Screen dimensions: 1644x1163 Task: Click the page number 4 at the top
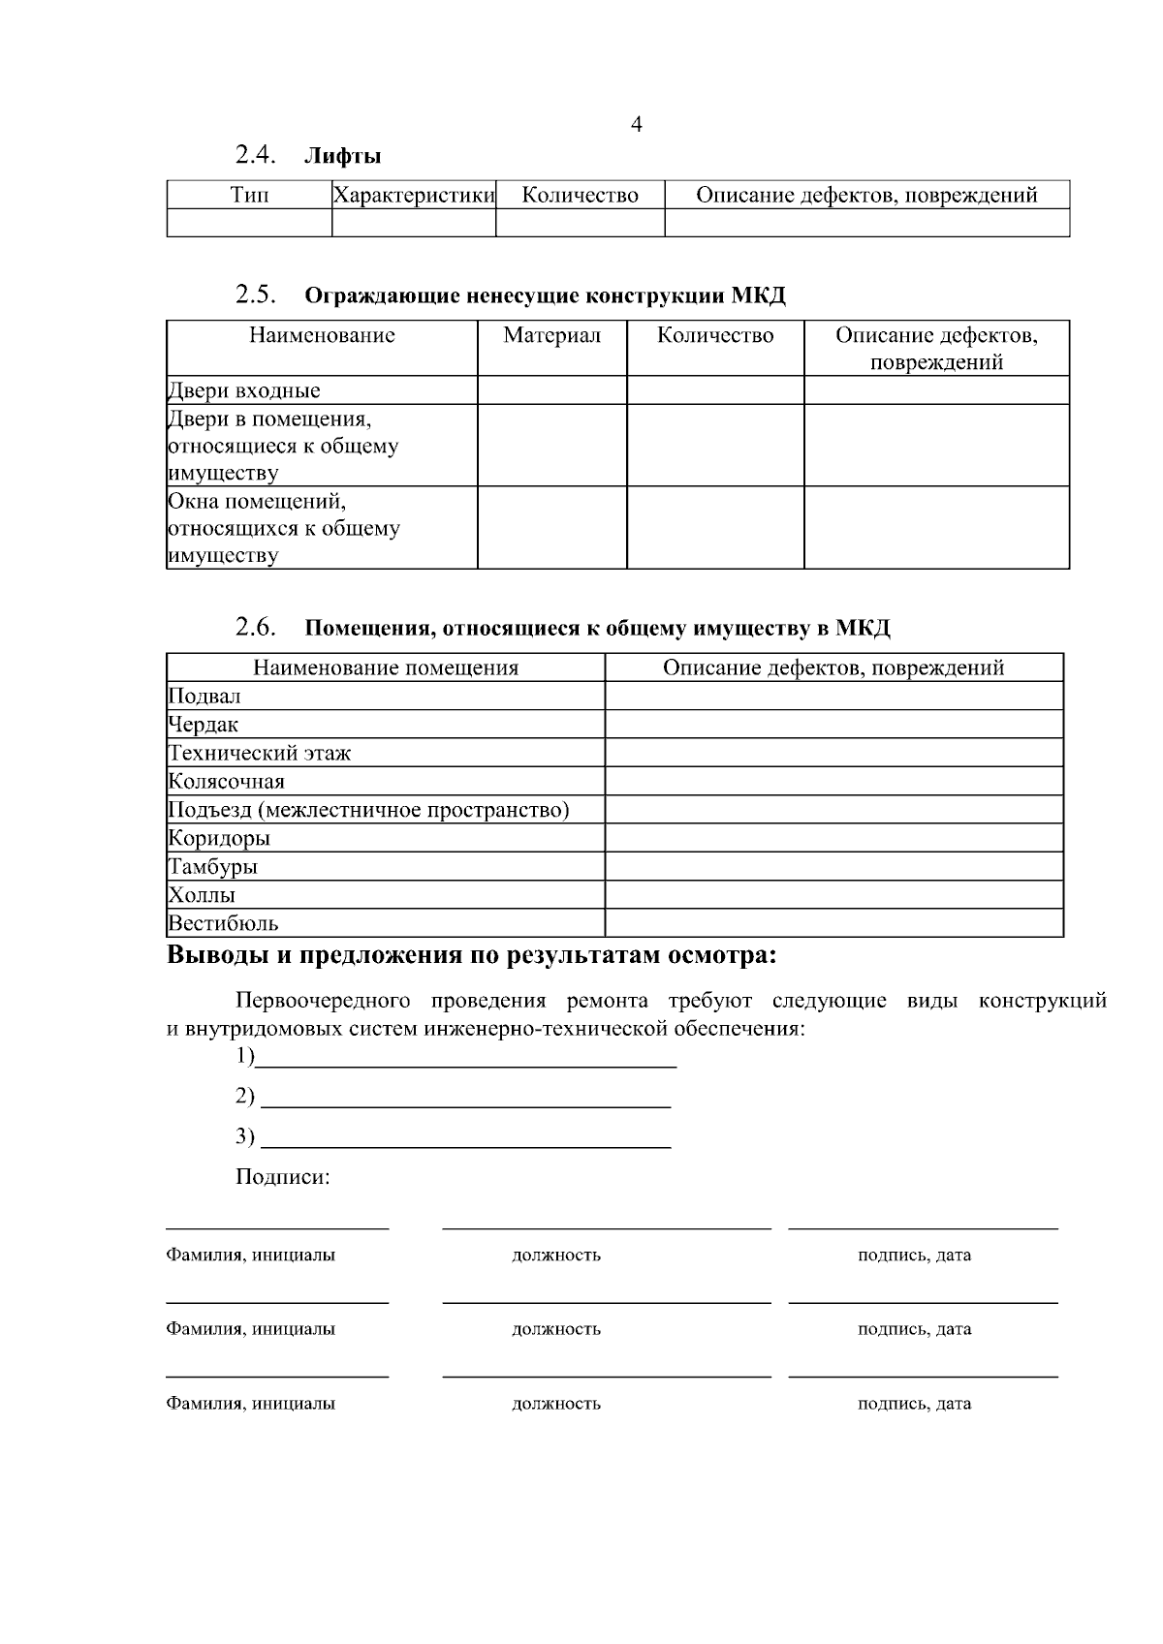click(636, 125)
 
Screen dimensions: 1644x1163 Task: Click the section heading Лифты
click(342, 156)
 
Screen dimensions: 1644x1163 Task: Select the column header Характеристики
click(414, 196)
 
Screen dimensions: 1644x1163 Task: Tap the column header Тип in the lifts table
click(249, 196)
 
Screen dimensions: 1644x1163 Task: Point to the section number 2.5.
click(256, 295)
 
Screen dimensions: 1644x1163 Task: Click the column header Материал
click(551, 336)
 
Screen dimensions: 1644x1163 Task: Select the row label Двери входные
click(244, 391)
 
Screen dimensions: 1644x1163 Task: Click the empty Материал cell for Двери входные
click(551, 390)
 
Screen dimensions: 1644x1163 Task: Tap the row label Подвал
click(204, 697)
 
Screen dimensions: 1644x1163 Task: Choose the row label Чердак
click(204, 725)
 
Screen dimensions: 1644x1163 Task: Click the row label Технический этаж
click(260, 753)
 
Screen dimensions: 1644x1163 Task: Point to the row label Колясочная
click(227, 782)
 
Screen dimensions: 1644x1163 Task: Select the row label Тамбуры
click(213, 867)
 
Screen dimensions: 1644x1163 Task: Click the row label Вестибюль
click(223, 923)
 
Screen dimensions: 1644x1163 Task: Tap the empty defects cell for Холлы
click(833, 895)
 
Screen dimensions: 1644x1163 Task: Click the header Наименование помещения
click(386, 668)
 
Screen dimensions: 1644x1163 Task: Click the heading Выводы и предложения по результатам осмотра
click(472, 956)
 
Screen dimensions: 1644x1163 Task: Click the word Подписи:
click(282, 1178)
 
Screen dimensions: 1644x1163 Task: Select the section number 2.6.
click(256, 627)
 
